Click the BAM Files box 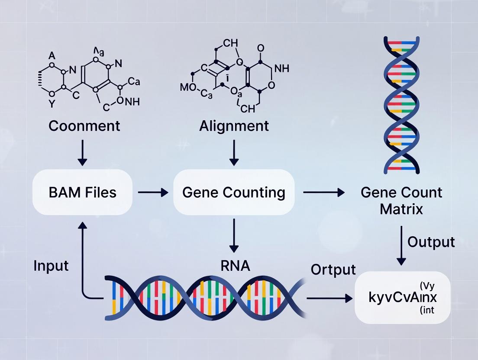pos(82,192)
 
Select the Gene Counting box pos(234,192)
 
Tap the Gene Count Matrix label pos(401,200)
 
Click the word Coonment pos(84,126)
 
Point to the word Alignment pos(234,126)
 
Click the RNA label pos(235,265)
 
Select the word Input pos(51,265)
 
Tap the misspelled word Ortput pos(333,269)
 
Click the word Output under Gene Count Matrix pos(431,242)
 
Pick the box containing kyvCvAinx pos(403,298)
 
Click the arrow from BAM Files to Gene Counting pos(152,193)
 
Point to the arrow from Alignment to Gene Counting pos(234,153)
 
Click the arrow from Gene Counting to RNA pos(234,235)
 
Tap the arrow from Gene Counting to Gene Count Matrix pos(323,192)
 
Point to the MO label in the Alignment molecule pos(187,88)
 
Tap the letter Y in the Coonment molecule pos(52,104)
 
